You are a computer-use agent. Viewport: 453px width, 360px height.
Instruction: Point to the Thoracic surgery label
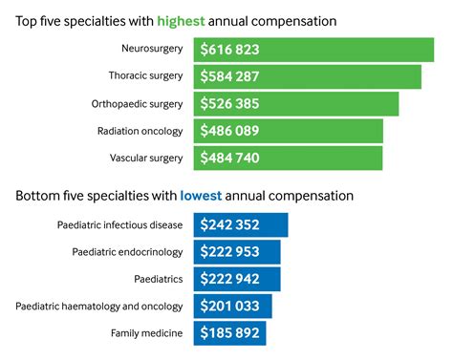[148, 75]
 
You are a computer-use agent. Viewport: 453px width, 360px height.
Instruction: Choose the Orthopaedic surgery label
[140, 102]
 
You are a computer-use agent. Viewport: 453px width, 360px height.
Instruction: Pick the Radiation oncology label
[142, 130]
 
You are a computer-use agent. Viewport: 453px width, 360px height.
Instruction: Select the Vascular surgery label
[148, 157]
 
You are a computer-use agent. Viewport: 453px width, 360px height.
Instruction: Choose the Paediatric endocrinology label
[128, 252]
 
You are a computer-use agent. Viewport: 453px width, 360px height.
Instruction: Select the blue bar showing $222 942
[236, 279]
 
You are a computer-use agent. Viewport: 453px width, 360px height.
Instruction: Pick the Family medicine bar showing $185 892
[229, 333]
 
